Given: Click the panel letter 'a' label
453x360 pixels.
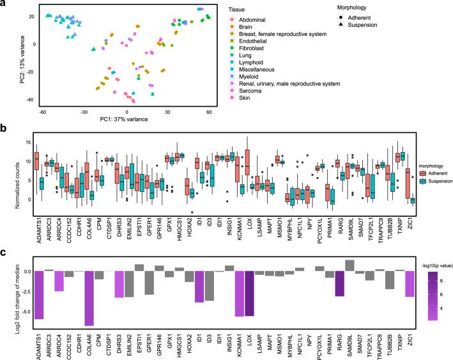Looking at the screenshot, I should click(x=4, y=4).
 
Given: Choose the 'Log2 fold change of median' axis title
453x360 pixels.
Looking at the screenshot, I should click(x=6, y=283).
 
